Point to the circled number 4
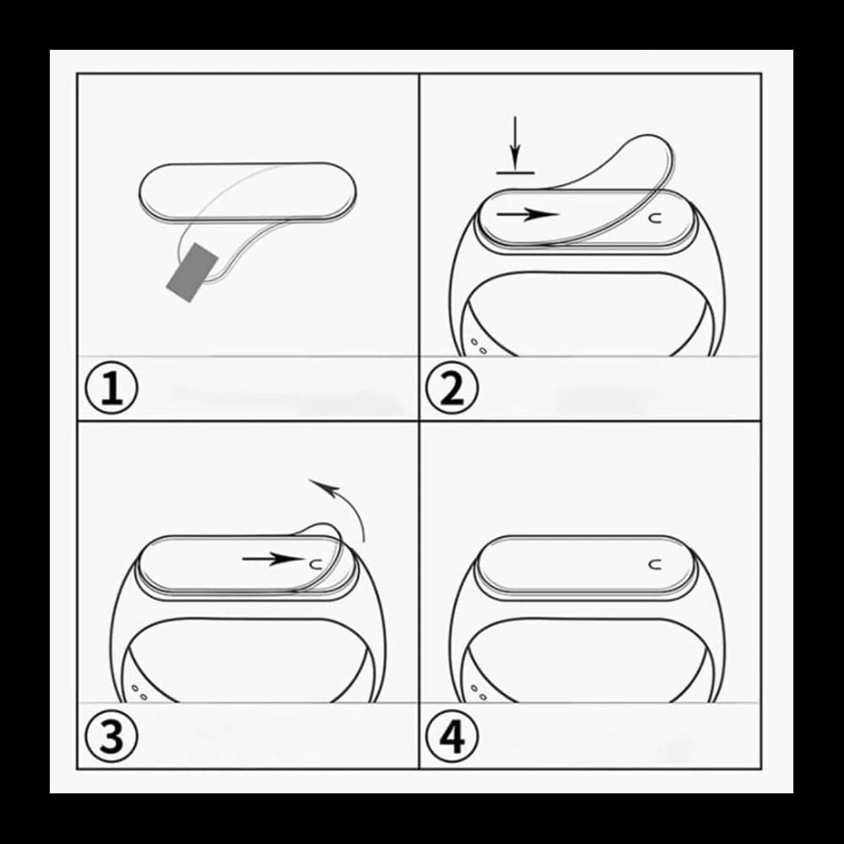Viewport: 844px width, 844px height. coord(452,736)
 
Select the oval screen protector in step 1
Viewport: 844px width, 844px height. coord(246,191)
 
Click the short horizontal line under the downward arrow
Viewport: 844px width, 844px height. coord(516,172)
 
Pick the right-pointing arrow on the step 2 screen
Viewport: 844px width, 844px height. coord(527,215)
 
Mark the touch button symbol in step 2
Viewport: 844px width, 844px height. coord(653,217)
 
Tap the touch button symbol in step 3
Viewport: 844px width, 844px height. coord(316,561)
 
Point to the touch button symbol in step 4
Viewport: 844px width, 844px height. coord(653,563)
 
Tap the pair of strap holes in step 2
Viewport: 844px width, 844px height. coord(477,345)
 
